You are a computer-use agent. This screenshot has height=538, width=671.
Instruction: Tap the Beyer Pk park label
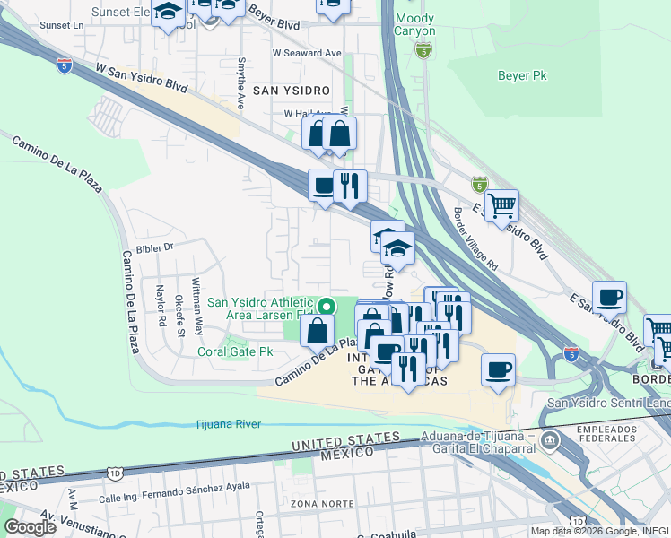pos(522,76)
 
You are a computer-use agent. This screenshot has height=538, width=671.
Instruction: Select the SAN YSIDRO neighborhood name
pos(291,91)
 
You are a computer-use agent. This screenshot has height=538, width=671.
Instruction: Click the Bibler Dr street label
pos(153,247)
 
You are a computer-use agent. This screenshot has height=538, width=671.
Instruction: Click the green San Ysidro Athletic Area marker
pos(328,308)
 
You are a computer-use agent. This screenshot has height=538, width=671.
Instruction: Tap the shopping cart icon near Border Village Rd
pos(501,205)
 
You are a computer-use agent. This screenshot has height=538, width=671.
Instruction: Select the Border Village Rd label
pos(475,240)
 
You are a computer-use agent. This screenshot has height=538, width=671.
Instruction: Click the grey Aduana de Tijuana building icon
pos(549,442)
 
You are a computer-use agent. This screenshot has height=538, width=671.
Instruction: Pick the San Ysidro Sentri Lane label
pos(607,403)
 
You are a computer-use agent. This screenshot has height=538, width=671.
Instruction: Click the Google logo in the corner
pos(30,527)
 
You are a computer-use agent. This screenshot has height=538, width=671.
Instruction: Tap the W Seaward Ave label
pos(307,53)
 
